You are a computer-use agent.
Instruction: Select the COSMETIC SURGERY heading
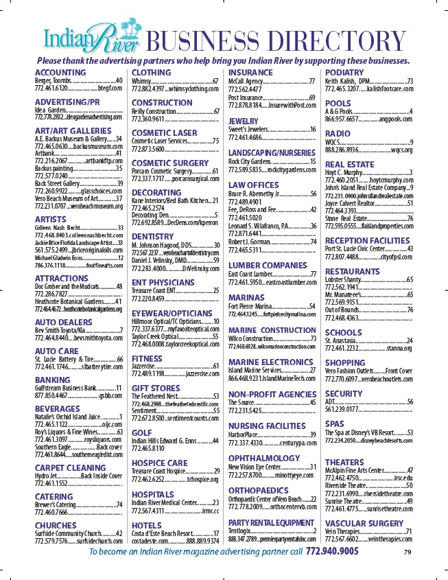pyautogui.click(x=169, y=163)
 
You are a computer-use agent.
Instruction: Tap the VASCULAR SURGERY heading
pyautogui.click(x=364, y=523)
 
